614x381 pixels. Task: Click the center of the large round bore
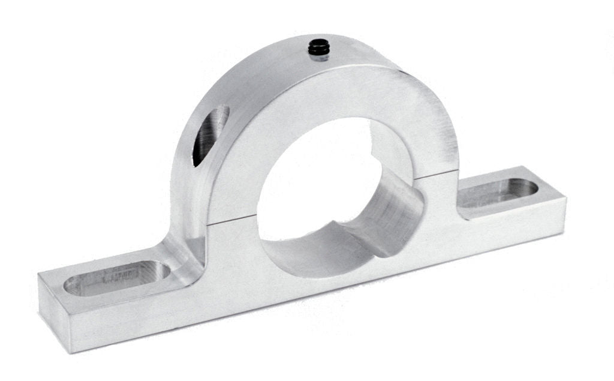tap(318, 180)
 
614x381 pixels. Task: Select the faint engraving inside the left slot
tap(120, 277)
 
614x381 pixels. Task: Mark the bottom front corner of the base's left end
tap(74, 352)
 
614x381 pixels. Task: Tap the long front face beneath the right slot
tap(510, 231)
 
